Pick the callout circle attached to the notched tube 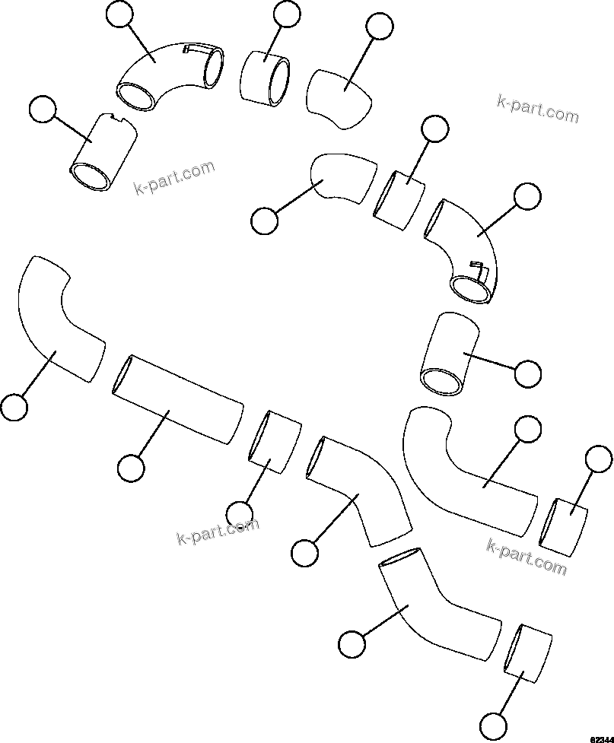tap(42, 111)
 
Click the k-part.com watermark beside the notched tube tap(174, 177)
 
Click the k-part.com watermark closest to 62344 tap(527, 557)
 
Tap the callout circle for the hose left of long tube tap(14, 407)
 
